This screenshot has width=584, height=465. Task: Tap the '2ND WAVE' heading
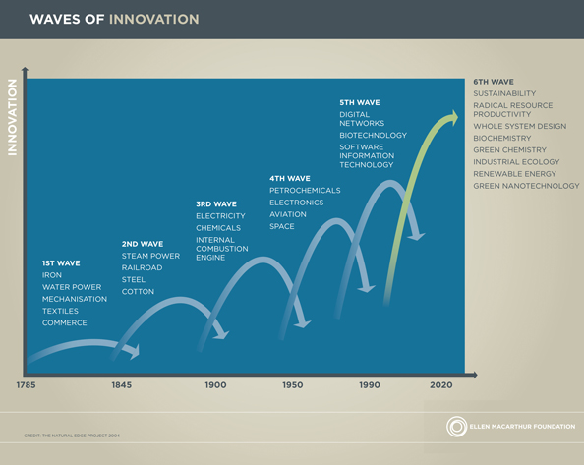(x=142, y=243)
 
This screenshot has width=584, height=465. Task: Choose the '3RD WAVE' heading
(x=215, y=203)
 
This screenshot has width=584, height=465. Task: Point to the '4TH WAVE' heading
(x=289, y=178)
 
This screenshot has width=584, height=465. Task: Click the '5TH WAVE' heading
(x=359, y=102)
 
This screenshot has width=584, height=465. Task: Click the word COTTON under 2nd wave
(x=138, y=291)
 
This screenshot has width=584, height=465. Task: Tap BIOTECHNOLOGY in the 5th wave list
(x=373, y=135)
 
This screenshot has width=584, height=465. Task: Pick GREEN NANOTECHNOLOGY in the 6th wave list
(x=526, y=185)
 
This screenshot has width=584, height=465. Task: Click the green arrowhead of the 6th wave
(x=452, y=118)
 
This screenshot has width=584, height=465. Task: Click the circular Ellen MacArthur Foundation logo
(x=457, y=427)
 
